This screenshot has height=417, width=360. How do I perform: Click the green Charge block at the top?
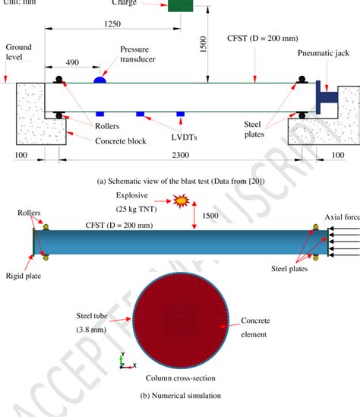180,5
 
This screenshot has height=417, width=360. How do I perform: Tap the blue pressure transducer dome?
100,79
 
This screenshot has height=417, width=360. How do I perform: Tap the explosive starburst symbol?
181,201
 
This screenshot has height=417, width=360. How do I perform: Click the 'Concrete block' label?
101,139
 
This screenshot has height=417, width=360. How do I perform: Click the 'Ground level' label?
15,51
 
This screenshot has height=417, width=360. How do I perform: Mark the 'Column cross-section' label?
180,378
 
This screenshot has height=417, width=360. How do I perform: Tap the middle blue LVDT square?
140,114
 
